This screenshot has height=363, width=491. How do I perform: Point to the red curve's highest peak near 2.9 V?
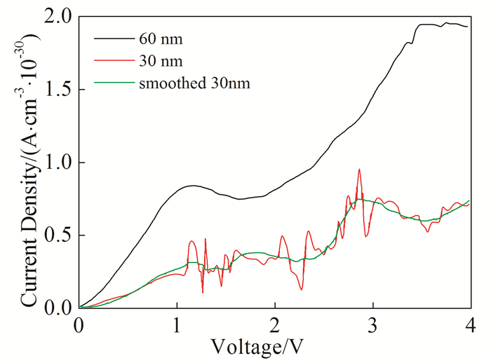pyautogui.click(x=359, y=169)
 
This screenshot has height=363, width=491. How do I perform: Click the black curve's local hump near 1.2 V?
pyautogui.click(x=192, y=186)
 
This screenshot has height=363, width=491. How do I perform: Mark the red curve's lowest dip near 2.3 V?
pyautogui.click(x=302, y=289)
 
